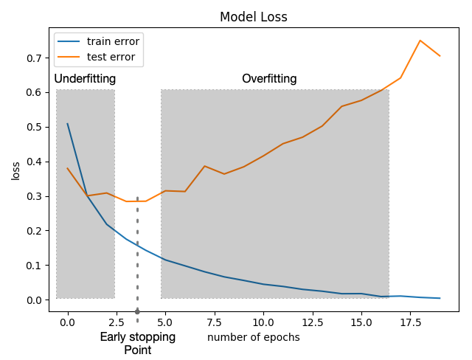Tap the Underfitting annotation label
coord(85,79)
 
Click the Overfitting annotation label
coord(269,79)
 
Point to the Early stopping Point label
coord(138,344)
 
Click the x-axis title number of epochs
coord(254,338)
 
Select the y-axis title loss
coord(16,170)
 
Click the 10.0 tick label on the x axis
coord(263,322)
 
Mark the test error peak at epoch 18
coord(420,41)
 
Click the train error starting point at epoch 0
coord(68,124)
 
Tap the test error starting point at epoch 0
coord(68,168)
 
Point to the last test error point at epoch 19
coord(440,56)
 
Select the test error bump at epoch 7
coord(204,166)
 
